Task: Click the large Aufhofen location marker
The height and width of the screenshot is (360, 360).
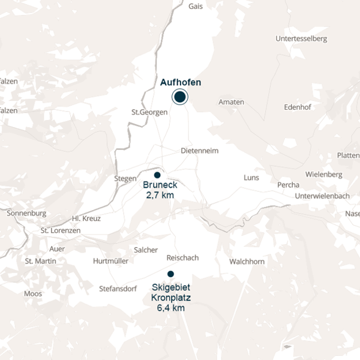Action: pos(179,97)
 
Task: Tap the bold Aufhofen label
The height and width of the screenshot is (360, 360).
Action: pos(181,83)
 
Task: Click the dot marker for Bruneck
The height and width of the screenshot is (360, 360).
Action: pos(157,175)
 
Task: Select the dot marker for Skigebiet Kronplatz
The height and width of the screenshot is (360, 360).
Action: pos(170,274)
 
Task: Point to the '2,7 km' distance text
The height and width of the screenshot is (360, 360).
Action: pos(159,196)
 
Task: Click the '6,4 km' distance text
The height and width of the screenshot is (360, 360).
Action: pos(170,308)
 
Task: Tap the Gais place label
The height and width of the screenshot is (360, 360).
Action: pos(196,7)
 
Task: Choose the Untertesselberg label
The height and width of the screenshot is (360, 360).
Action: pos(301,39)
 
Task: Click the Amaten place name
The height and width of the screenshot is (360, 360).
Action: pos(232,102)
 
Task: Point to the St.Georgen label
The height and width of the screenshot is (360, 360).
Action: pos(149,112)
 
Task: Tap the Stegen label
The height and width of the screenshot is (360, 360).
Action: pos(125,178)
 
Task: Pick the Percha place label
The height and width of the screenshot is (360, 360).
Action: pos(288,185)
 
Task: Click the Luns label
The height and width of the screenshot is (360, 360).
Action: pos(251,178)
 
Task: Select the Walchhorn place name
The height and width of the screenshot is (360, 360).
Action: pos(247,262)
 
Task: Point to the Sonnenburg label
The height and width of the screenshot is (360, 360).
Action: pos(26,213)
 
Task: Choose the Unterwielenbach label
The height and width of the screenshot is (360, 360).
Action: pos(322,196)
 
